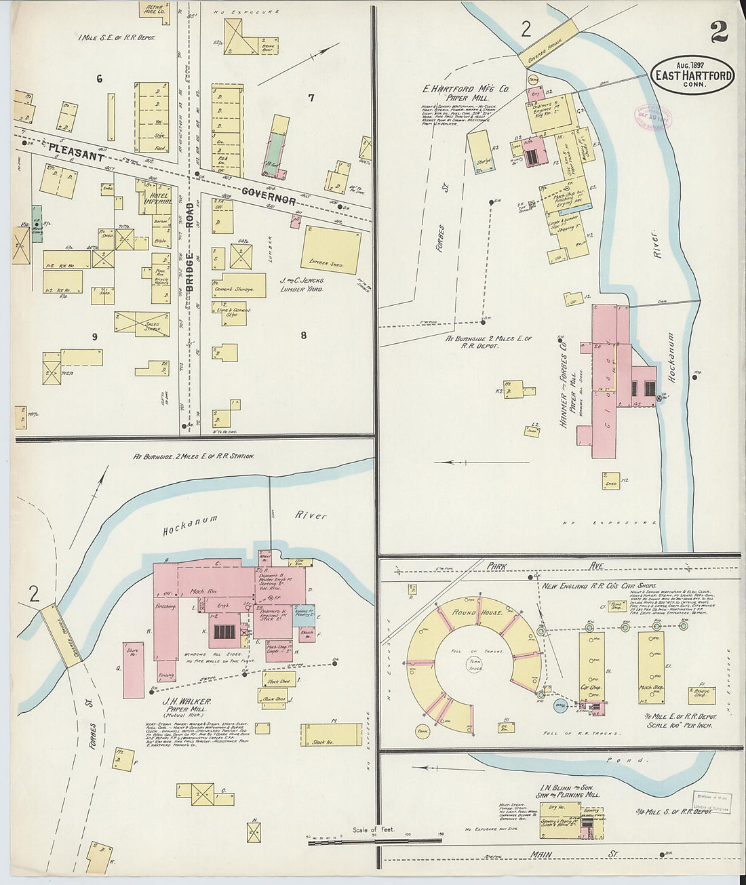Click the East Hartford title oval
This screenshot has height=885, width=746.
692,75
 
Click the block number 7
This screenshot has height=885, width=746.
311,98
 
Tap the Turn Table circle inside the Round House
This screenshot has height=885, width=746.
475,664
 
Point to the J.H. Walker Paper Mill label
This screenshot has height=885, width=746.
186,705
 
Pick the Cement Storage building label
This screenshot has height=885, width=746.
234,289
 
